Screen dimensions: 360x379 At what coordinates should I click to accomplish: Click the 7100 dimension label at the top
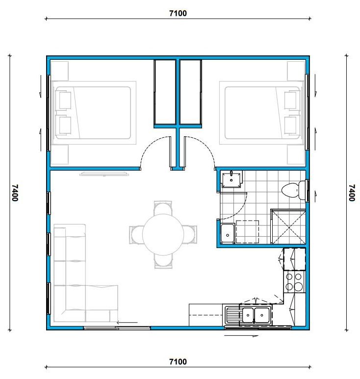(x=178, y=13)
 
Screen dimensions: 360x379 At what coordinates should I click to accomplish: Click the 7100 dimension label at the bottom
(x=178, y=362)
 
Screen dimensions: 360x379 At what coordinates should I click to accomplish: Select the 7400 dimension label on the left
(x=15, y=193)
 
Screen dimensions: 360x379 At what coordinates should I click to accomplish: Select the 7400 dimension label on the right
(x=352, y=193)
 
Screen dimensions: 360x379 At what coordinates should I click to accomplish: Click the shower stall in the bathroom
(x=288, y=227)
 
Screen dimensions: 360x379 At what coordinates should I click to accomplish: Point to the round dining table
(x=163, y=234)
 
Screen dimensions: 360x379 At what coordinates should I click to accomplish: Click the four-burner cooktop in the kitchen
(x=294, y=281)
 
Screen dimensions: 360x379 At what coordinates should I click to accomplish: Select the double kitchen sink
(x=255, y=315)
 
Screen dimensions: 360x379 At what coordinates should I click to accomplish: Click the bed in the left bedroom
(x=94, y=113)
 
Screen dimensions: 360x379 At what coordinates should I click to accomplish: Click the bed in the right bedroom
(x=261, y=113)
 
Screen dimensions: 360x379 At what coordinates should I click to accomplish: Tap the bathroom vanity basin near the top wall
(x=231, y=179)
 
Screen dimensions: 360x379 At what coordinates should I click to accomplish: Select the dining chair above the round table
(x=163, y=208)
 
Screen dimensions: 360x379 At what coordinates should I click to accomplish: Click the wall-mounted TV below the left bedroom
(x=104, y=173)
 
